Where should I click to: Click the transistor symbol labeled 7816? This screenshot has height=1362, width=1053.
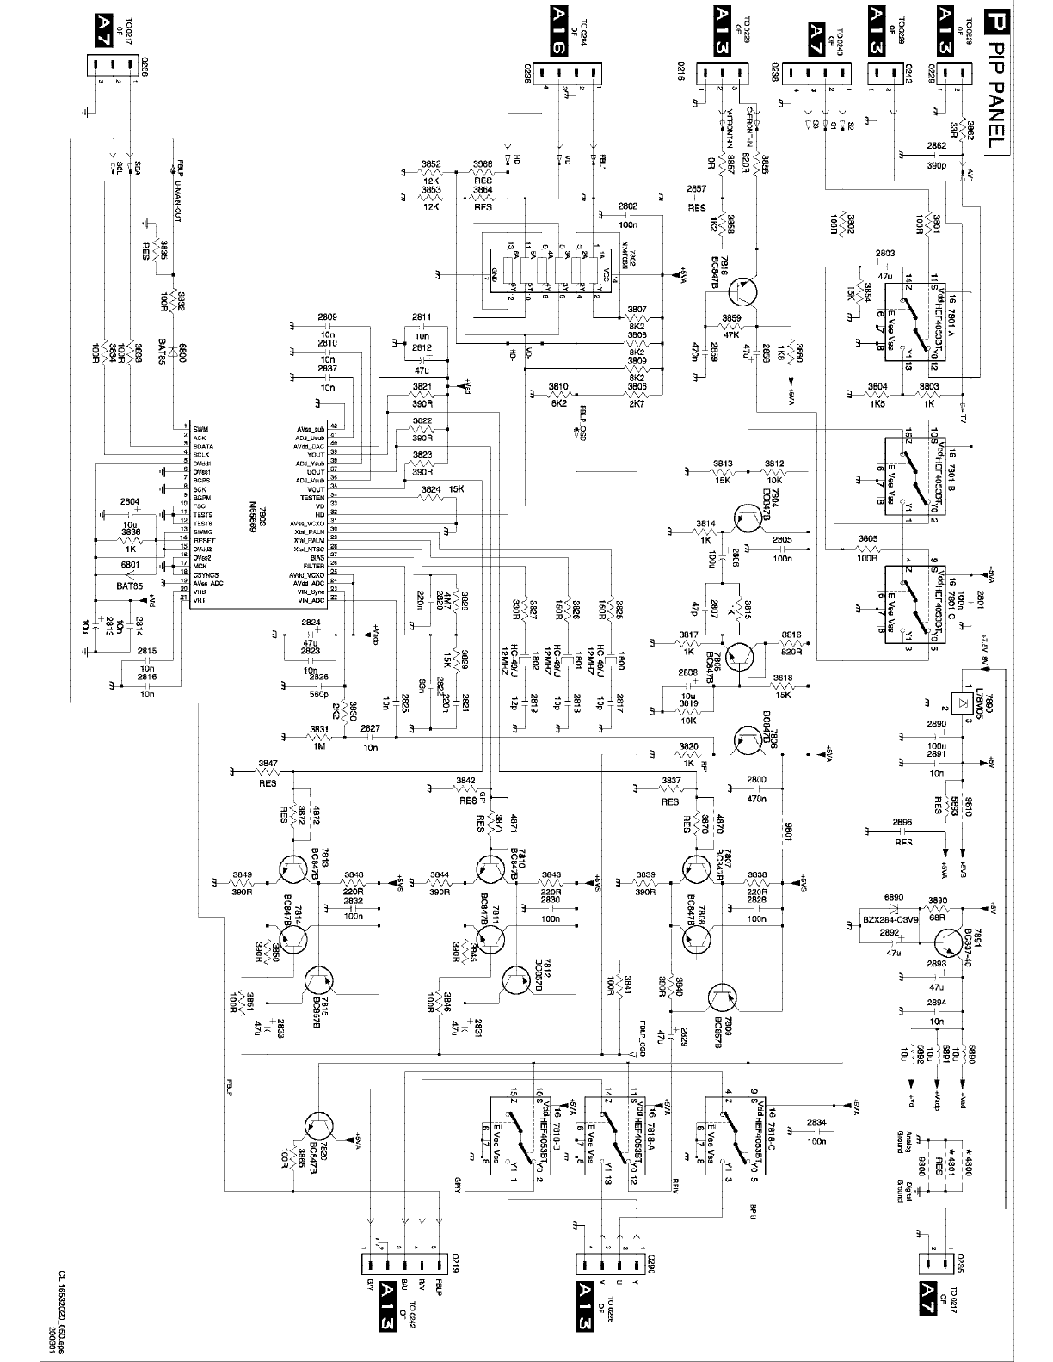coord(741,292)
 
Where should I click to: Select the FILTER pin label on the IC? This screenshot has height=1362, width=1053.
coord(314,566)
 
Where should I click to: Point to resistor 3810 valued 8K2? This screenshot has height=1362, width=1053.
coord(558,394)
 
